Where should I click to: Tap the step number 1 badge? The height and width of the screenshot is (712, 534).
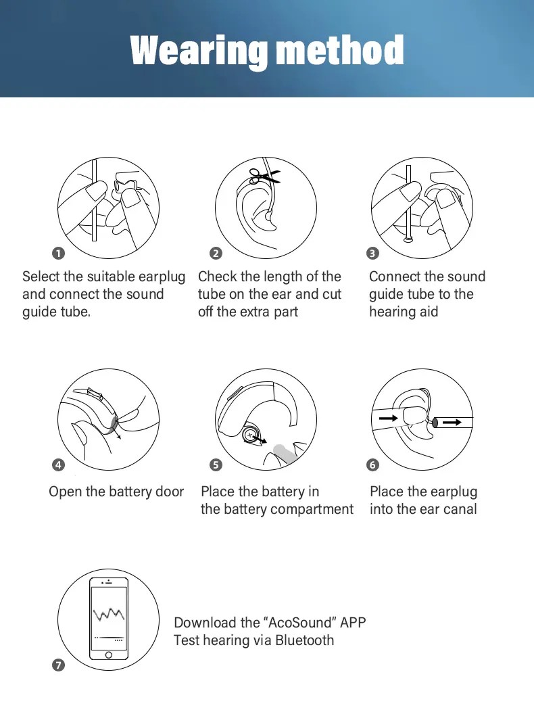[x=59, y=254]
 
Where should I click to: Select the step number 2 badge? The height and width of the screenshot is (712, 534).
[x=216, y=254]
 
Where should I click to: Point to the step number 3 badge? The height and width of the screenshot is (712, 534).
[x=372, y=254]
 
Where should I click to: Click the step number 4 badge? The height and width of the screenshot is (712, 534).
[x=59, y=465]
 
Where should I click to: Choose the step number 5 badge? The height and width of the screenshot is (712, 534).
[x=216, y=465]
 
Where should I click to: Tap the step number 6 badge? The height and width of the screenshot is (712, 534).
[x=372, y=465]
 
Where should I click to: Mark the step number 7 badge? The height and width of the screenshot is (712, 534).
[x=59, y=665]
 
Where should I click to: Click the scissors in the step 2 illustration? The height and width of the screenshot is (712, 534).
[x=264, y=176]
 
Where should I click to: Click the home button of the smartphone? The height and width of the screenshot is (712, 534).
[x=108, y=655]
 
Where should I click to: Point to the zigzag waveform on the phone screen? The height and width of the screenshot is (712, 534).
[x=108, y=614]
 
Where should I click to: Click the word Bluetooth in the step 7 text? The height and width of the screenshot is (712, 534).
[x=304, y=640]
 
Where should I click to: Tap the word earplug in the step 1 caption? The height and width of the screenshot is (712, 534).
[x=162, y=277]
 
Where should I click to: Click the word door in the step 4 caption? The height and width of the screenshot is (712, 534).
[x=170, y=492]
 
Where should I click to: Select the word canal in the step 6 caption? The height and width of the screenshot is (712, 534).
[x=459, y=509]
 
